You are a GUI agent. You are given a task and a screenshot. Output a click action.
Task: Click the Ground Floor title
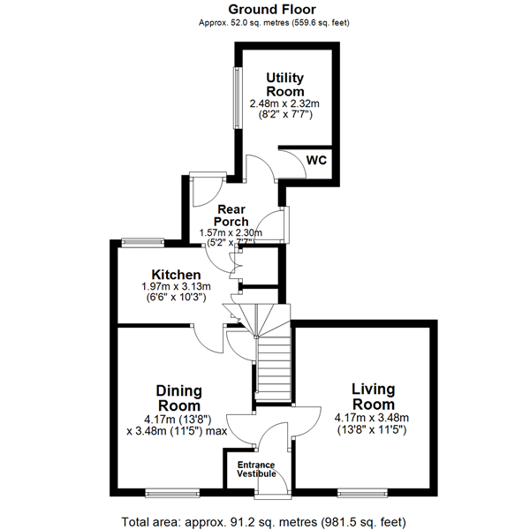tap(272, 10)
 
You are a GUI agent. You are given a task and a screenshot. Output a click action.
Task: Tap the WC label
tap(316, 160)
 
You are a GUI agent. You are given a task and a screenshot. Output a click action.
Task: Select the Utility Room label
tap(285, 85)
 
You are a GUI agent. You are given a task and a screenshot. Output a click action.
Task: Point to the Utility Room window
tap(238, 98)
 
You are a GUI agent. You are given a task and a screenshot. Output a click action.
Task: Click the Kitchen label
tap(176, 275)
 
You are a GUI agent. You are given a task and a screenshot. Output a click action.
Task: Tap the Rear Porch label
tap(231, 216)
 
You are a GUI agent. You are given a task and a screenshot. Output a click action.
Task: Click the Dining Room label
tap(179, 398)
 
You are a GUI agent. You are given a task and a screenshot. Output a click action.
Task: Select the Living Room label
tap(373, 397)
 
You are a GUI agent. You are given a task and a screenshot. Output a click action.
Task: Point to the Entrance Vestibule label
tap(256, 469)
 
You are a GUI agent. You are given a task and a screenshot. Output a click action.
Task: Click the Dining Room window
tap(172, 494)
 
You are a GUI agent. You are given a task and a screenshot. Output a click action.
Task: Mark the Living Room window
tap(362, 494)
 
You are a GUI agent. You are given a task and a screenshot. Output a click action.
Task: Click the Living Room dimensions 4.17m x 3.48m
tap(372, 418)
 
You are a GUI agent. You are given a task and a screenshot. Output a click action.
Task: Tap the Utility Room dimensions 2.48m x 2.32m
tap(284, 103)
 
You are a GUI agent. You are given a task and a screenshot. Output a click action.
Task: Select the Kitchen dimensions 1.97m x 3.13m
tap(176, 286)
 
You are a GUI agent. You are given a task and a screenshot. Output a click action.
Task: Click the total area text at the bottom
tap(263, 522)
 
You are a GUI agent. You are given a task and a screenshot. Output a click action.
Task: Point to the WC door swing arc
tap(299, 159)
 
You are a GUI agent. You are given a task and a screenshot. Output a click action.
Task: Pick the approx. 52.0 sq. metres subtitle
tap(274, 23)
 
